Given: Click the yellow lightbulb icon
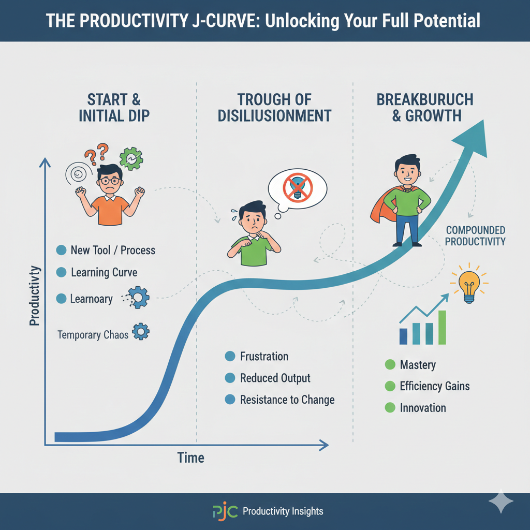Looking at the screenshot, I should (469, 284).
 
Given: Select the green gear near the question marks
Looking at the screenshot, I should (131, 159).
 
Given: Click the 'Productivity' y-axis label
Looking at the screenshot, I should (35, 296).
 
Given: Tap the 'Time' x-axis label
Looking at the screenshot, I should (190, 458).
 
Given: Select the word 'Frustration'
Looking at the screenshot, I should (264, 356).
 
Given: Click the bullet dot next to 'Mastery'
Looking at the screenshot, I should (390, 365).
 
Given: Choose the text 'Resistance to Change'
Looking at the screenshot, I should (287, 400).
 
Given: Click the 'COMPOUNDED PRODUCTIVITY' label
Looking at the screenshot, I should (475, 235).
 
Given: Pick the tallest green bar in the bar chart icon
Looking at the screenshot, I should (442, 327).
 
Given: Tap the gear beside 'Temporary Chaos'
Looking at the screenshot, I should (141, 331).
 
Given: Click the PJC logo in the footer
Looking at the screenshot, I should (225, 511).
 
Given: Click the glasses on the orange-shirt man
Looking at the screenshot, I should (109, 181).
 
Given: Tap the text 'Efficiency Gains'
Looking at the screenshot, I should (435, 386).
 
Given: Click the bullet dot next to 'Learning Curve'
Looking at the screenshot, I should (61, 272).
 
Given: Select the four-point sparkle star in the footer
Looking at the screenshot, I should (500, 502).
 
